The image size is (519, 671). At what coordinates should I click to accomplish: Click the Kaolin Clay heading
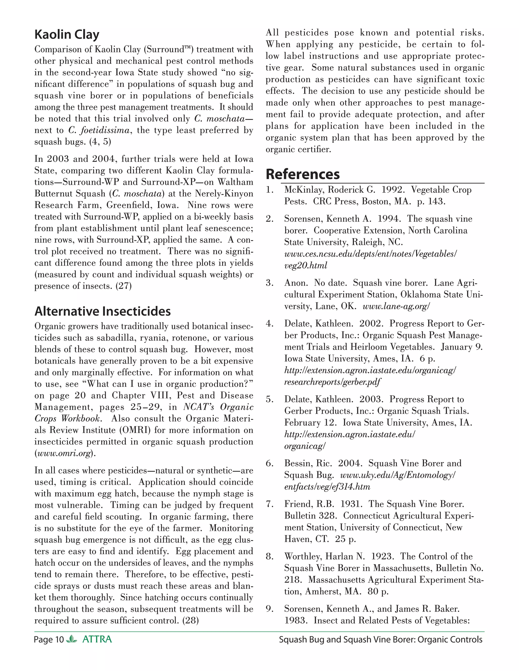[67, 34]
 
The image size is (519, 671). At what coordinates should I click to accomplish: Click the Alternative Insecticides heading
[102, 311]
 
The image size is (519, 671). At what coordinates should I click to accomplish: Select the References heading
[303, 174]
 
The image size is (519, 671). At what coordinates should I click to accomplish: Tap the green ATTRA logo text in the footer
[97, 639]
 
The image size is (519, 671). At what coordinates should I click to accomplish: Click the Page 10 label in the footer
[49, 640]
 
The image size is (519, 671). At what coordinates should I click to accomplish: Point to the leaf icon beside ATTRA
[72, 639]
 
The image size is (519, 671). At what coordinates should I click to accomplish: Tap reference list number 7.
[269, 504]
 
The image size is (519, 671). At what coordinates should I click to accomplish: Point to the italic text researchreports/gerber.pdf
[332, 382]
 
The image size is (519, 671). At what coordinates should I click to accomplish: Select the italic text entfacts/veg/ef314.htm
[327, 487]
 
